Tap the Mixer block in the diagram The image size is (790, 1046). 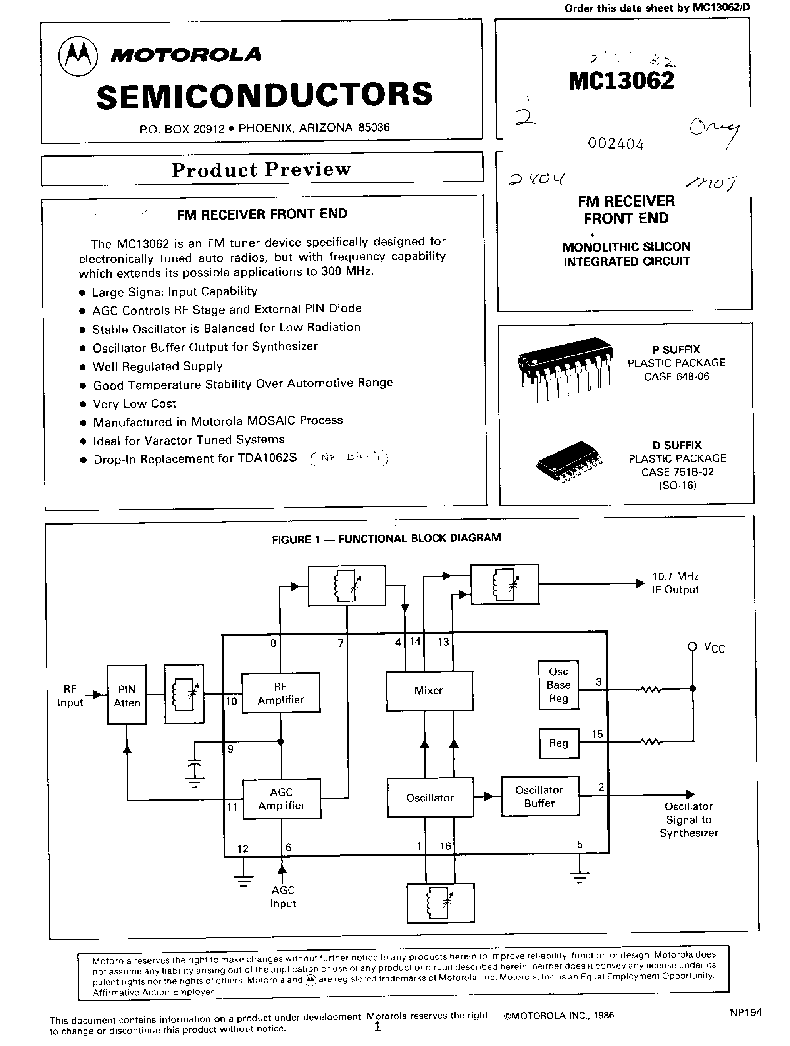coord(429,690)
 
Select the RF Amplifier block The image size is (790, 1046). coord(281,693)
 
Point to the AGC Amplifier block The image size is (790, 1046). coord(281,799)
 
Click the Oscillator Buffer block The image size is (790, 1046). coord(540,796)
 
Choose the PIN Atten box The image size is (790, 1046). coord(127,695)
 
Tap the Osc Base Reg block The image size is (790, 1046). coord(559,685)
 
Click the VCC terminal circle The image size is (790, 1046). coord(692,646)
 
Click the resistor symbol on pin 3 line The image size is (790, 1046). coord(650,690)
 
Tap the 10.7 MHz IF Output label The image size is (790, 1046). coord(675,583)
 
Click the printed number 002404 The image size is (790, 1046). coord(616,144)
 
